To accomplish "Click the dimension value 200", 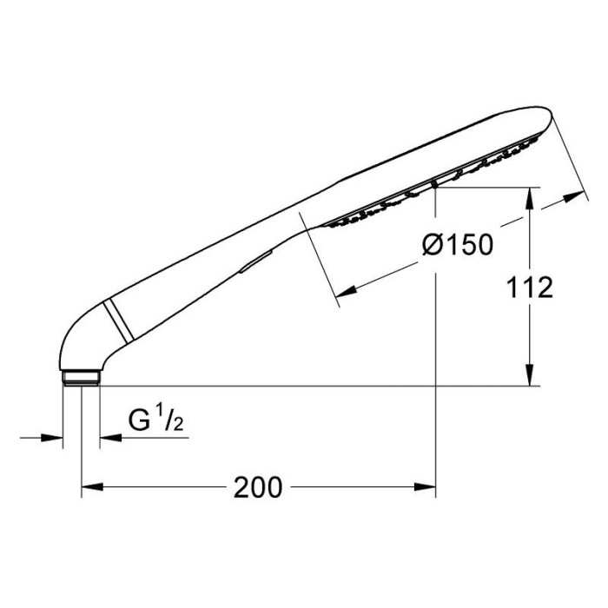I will click(258, 488).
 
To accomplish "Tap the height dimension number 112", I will click(532, 287).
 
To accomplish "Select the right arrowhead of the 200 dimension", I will click(428, 488).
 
